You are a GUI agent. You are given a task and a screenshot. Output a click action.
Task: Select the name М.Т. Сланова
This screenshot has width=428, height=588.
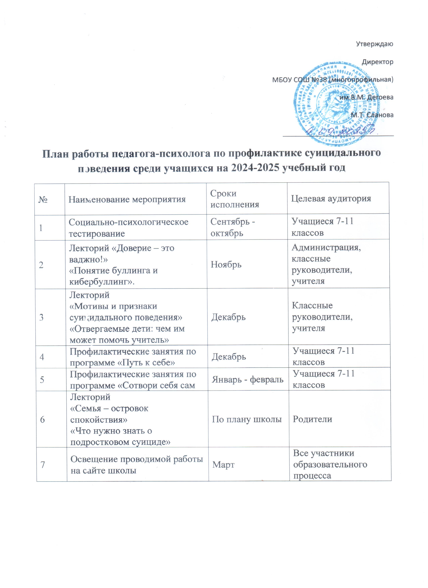(x=372, y=115)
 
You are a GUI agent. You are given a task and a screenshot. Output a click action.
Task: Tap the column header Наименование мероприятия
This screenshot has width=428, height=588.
(x=127, y=199)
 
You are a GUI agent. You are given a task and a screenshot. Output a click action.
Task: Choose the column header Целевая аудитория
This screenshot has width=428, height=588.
(x=331, y=199)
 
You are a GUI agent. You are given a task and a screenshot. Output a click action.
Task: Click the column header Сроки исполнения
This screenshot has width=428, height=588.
(x=234, y=199)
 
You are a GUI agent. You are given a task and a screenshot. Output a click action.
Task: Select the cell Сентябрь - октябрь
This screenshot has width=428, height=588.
(x=233, y=227)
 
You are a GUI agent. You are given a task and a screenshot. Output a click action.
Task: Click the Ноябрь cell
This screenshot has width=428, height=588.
(x=226, y=265)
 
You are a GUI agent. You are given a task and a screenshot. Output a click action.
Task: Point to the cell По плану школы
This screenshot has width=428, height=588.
(x=247, y=419)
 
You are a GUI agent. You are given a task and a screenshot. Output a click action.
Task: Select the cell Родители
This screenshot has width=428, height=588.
(x=312, y=419)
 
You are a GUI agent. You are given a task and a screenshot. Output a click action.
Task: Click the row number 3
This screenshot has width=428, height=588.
(x=42, y=317)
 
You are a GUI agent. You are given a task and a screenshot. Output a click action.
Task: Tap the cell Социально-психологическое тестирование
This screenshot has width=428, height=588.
(x=128, y=228)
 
